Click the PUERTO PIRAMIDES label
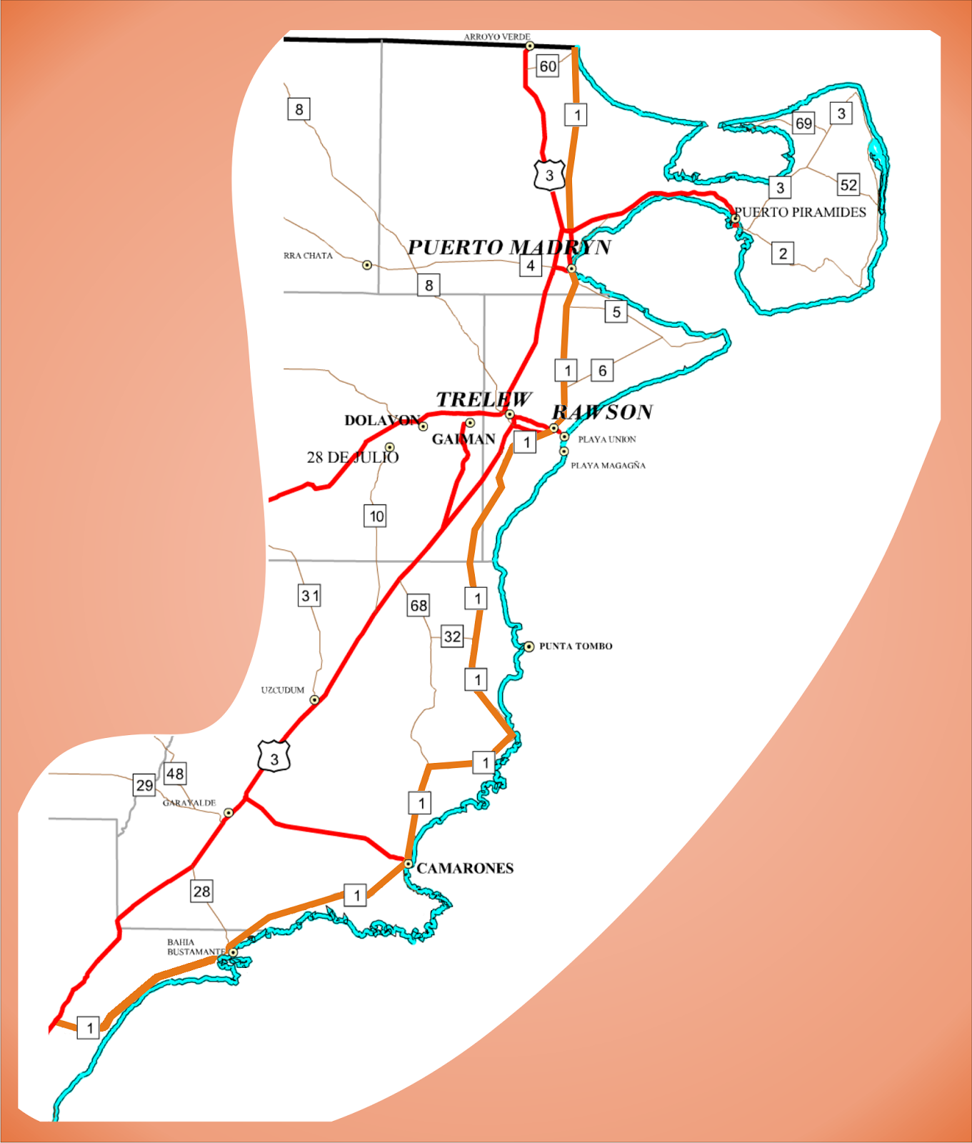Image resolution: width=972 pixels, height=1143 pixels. (x=800, y=212)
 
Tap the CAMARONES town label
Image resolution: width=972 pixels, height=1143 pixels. (x=465, y=868)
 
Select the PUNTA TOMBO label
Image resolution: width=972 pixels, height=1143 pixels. (x=576, y=646)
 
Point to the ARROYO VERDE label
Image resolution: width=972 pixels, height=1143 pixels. (x=497, y=36)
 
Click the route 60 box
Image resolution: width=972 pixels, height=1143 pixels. (x=548, y=66)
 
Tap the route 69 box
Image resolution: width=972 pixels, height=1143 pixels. (x=803, y=123)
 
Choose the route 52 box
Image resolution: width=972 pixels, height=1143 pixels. (x=848, y=185)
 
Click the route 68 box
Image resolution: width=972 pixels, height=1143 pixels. (x=419, y=606)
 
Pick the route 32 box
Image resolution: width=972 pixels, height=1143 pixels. (x=452, y=637)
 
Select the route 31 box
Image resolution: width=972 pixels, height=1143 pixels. (x=309, y=595)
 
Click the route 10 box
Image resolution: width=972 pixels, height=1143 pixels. (x=376, y=516)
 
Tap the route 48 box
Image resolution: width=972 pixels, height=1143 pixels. (x=175, y=773)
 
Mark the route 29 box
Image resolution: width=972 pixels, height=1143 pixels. (x=144, y=785)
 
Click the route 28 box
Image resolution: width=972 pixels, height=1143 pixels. (x=201, y=891)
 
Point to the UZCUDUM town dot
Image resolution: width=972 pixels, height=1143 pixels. (x=314, y=699)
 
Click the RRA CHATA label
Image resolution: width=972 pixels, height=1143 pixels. (x=308, y=255)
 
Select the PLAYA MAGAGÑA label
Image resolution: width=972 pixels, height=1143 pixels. (x=608, y=465)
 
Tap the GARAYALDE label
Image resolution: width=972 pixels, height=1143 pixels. (x=189, y=803)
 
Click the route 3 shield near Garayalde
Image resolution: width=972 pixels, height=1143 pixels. (x=274, y=758)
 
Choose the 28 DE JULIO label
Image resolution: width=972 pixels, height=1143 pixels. (x=353, y=457)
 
